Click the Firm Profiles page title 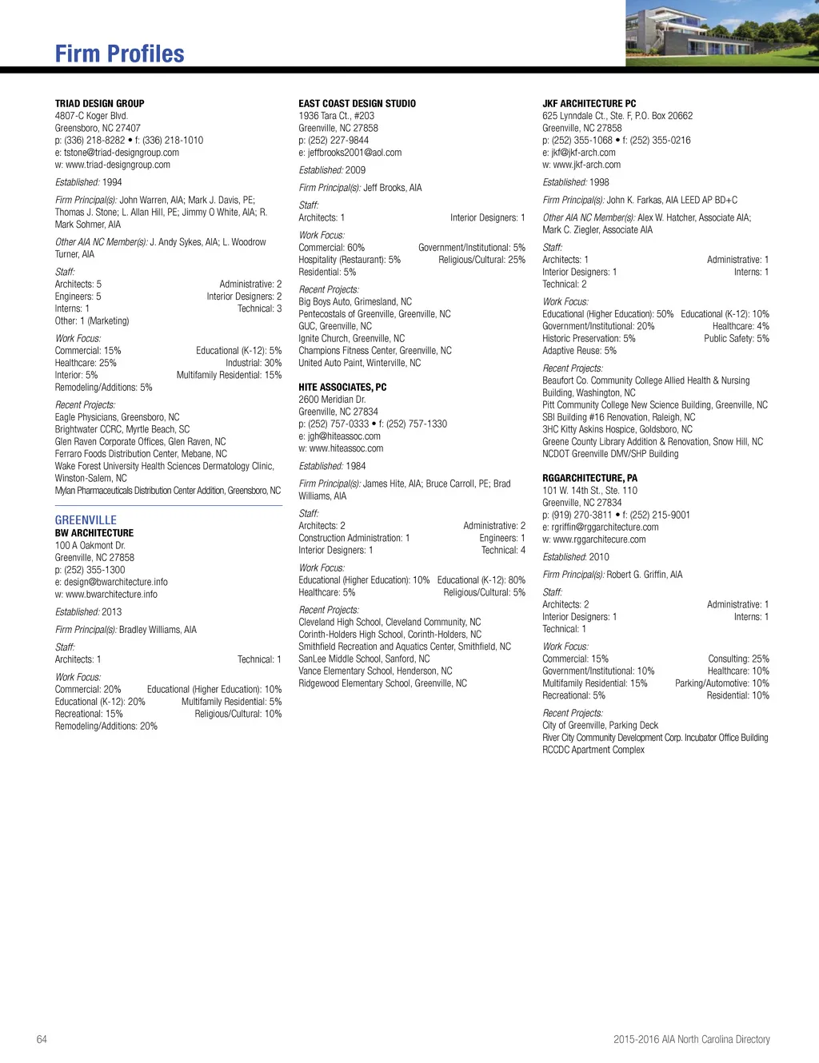pos(119,54)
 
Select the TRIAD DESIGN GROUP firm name pos(99,103)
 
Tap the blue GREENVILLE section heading pos(86,520)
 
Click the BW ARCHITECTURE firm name pos(94,533)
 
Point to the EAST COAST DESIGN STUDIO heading pos(357,103)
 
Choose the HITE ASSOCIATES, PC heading pos(342,387)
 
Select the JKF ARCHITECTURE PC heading pos(589,103)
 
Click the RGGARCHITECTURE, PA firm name pos(589,478)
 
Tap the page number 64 pos(42,1039)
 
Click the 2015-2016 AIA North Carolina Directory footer pos(691,1039)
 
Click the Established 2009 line pos(332,169)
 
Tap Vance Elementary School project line pos(375,671)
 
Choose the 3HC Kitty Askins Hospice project pos(617,429)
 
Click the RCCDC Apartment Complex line pos(593,750)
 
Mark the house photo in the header pos(721,33)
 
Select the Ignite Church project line pos(351,338)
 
